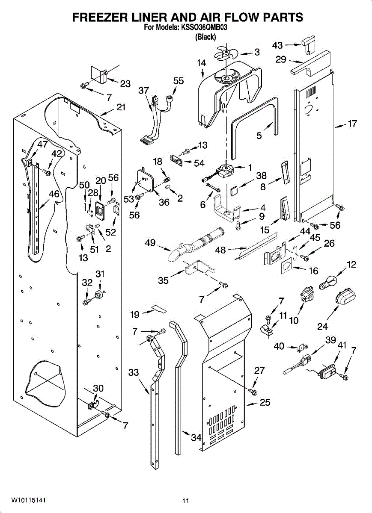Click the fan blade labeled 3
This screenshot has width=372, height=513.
click(226, 54)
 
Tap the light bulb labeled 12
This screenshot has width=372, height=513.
click(328, 282)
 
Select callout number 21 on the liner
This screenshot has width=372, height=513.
click(121, 107)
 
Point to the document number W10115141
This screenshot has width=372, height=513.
click(29, 500)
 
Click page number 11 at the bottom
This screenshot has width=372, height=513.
click(185, 501)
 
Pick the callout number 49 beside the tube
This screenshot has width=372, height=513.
click(150, 243)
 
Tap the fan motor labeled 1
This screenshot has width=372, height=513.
click(225, 170)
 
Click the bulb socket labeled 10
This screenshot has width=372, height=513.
click(305, 295)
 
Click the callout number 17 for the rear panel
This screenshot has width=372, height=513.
click(352, 124)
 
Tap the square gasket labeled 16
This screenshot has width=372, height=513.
click(288, 268)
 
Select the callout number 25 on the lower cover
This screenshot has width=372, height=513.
click(265, 402)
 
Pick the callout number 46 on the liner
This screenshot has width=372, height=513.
click(54, 194)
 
